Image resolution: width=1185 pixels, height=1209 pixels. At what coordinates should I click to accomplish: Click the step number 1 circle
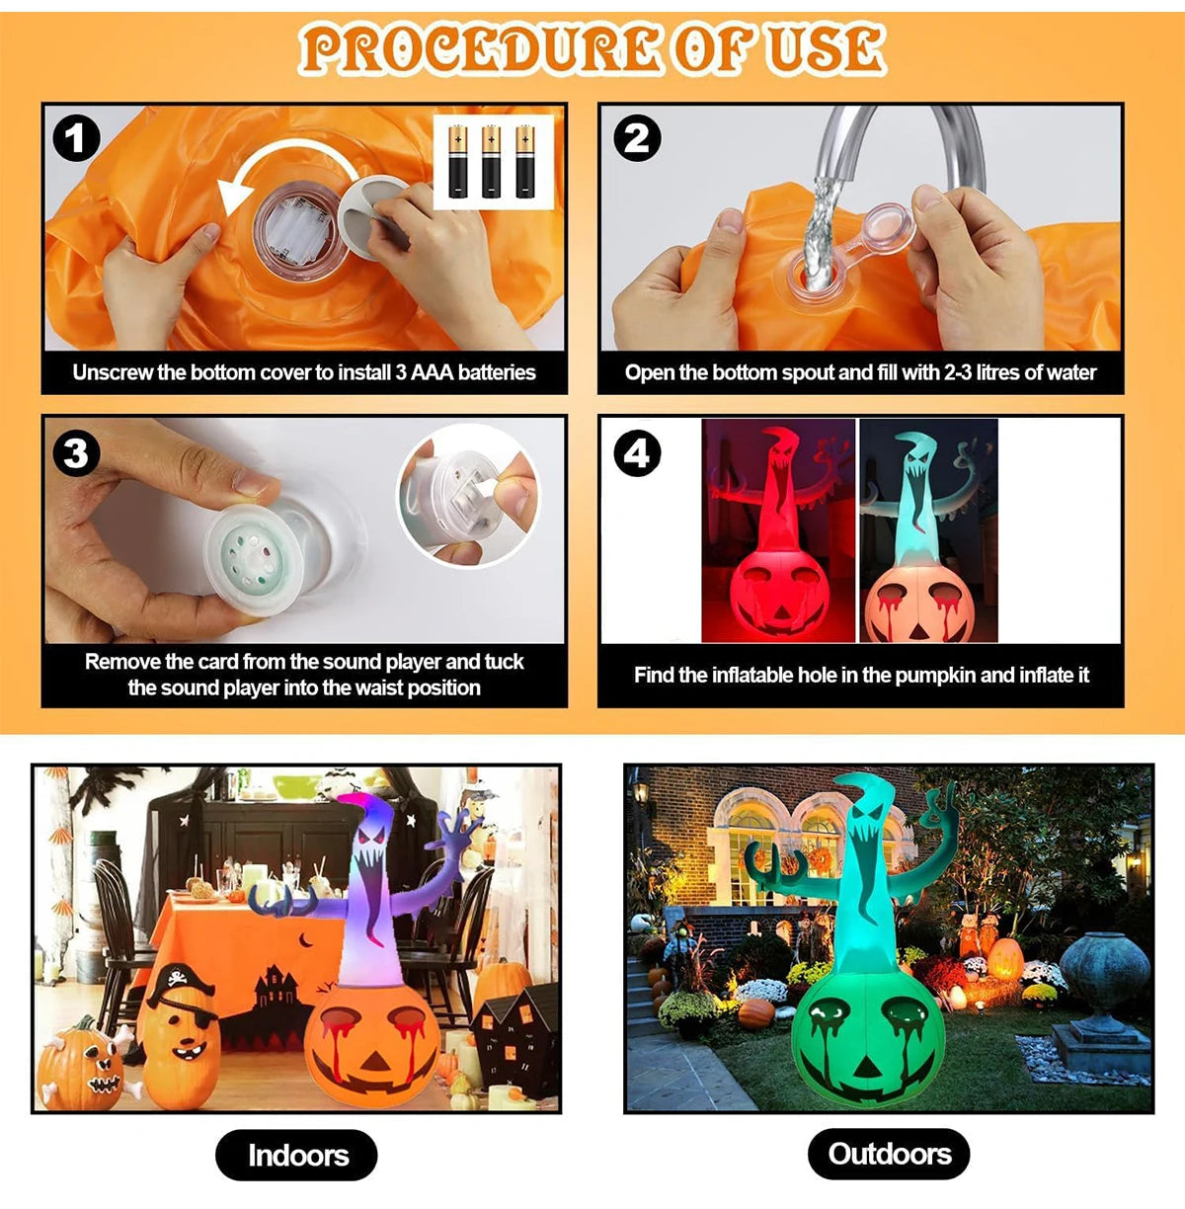[76, 139]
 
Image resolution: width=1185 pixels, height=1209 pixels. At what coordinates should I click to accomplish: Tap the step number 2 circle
[637, 139]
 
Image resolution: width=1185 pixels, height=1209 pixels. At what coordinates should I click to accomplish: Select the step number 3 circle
[76, 453]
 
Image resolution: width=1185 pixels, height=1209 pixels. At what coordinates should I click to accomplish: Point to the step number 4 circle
[637, 453]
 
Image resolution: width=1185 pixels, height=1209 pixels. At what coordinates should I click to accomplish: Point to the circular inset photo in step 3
[468, 493]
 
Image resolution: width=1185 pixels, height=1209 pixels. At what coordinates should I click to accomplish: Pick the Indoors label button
[297, 1155]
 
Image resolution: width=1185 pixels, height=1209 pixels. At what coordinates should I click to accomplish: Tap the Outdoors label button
[889, 1154]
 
